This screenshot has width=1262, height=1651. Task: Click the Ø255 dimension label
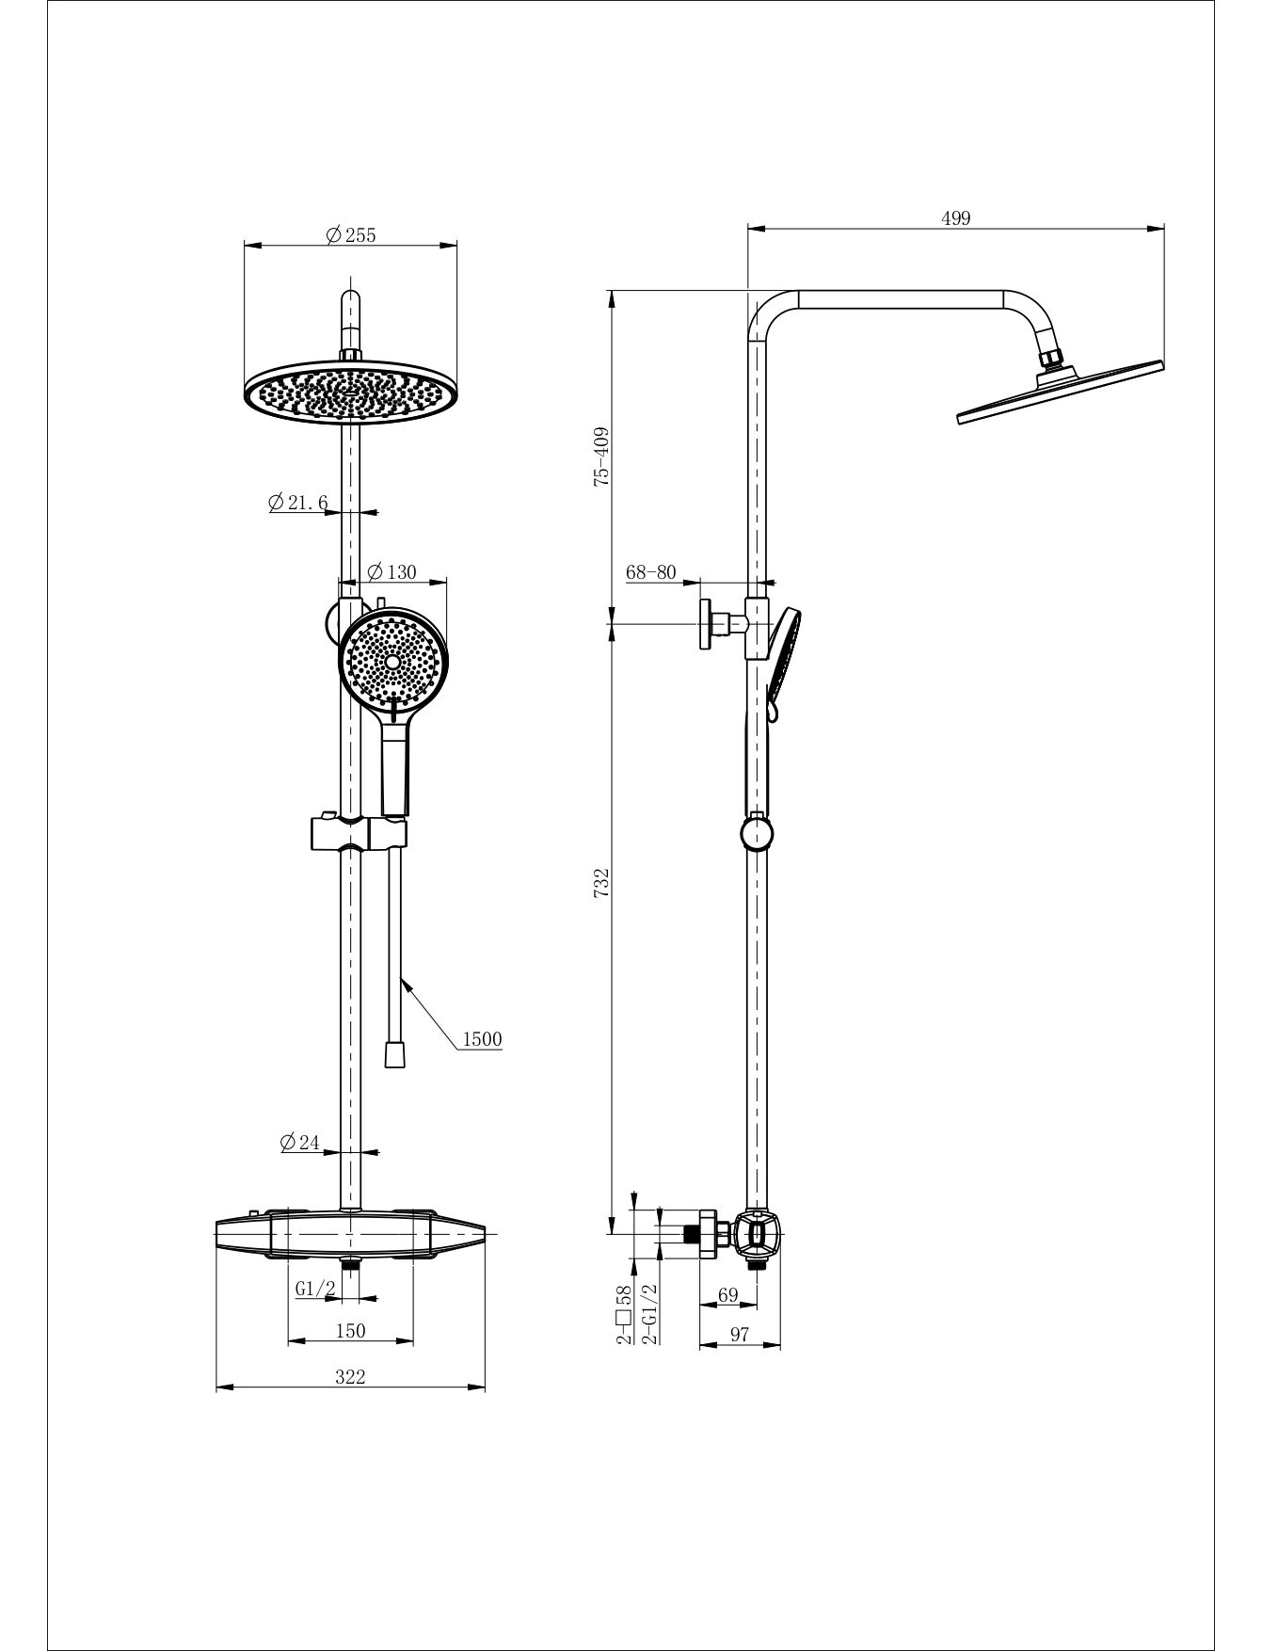tap(350, 235)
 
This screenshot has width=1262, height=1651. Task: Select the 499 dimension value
tap(955, 218)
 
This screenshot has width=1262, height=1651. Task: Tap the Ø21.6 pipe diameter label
tap(297, 503)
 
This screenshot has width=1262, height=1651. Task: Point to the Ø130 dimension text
tap(391, 571)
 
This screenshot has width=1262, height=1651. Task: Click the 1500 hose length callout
tap(483, 1039)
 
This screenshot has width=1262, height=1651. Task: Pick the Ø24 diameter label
tap(300, 1143)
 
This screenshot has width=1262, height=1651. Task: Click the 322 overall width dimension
tap(350, 1376)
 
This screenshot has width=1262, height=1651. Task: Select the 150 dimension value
tap(350, 1330)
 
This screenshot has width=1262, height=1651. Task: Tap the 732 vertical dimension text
tap(602, 883)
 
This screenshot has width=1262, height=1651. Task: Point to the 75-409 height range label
tap(602, 457)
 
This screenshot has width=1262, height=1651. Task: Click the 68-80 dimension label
tap(651, 571)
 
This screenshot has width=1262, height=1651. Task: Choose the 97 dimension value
tap(740, 1335)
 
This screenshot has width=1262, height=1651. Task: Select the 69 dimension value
tap(728, 1295)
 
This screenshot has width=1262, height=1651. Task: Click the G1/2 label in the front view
tap(315, 1290)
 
